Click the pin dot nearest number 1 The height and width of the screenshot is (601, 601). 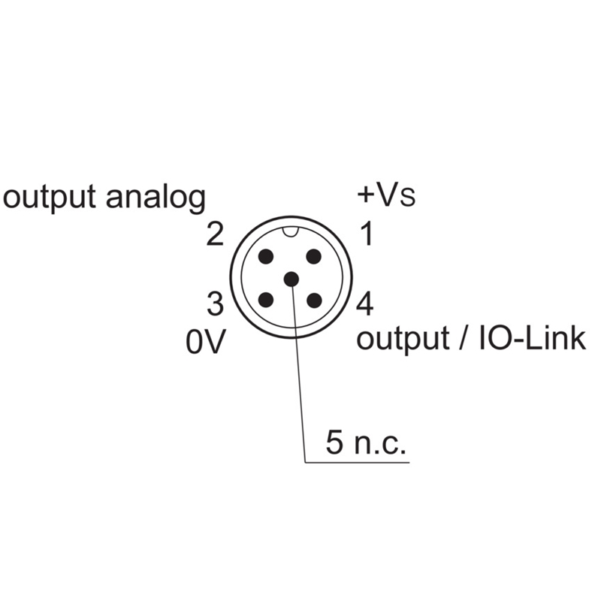315,256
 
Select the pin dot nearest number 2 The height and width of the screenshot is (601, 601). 266,256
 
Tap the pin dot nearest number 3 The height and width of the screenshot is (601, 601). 266,300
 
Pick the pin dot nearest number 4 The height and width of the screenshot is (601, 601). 315,300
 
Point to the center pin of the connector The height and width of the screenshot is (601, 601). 291,279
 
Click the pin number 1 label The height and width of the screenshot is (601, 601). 366,235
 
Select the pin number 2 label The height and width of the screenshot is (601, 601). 215,236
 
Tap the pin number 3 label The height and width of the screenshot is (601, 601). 215,305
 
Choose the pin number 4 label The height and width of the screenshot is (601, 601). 366,305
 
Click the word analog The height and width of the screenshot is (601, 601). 156,198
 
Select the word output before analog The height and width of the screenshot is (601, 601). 50,198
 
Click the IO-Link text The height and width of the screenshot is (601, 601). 531,339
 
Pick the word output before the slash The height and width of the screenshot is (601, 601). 402,340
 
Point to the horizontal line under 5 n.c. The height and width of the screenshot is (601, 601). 357,461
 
